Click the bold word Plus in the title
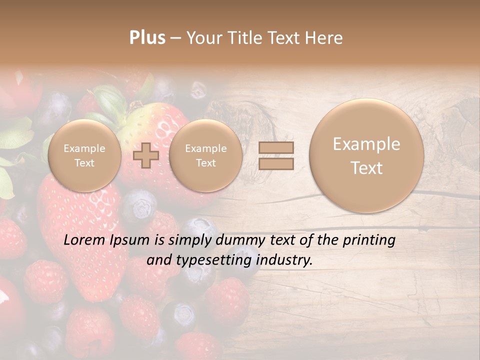pos(147,38)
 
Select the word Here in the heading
pos(324,38)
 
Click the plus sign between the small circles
pos(146,155)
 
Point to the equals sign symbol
pos(276,155)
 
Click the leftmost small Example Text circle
pos(84,155)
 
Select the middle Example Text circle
pos(205,155)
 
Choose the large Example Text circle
pos(366,155)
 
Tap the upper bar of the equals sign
pos(276,147)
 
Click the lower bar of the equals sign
pos(276,163)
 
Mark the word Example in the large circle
pos(366,144)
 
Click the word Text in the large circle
pos(366,168)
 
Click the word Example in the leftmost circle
pos(84,148)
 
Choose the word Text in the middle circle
pos(205,163)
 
